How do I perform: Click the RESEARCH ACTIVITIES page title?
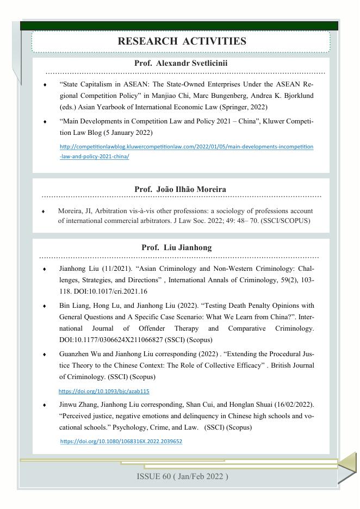point(182,41)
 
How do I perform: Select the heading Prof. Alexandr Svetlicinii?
point(181,63)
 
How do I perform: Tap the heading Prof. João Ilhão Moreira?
point(180,189)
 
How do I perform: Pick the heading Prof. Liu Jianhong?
point(176,247)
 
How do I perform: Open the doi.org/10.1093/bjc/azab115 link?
point(104,391)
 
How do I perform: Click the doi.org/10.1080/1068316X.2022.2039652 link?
point(121,442)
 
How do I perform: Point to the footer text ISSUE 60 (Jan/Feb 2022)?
point(182,476)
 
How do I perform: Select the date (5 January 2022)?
point(128,133)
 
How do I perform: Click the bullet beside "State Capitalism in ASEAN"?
point(45,85)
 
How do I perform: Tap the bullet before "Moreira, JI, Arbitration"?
point(44,211)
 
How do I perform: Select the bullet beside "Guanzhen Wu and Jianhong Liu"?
point(45,354)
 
